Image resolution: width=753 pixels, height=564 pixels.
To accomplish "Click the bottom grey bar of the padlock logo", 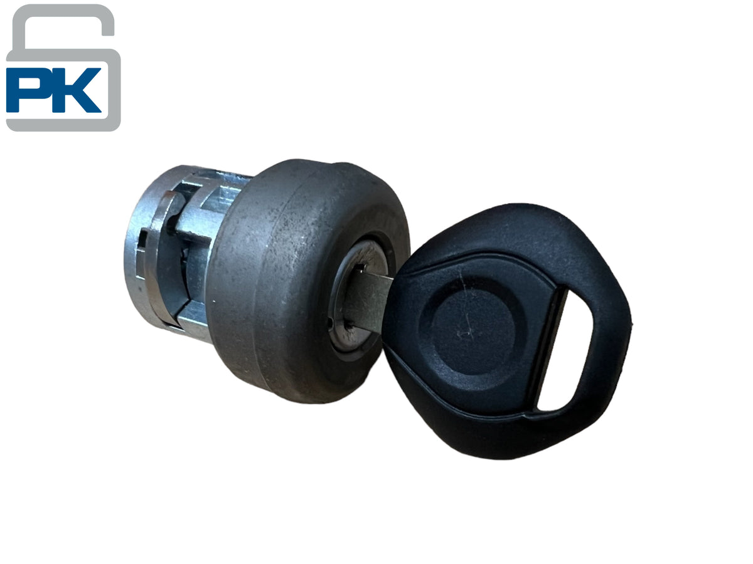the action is [63, 125].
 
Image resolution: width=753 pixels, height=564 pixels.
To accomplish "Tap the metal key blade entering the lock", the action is [369, 301].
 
